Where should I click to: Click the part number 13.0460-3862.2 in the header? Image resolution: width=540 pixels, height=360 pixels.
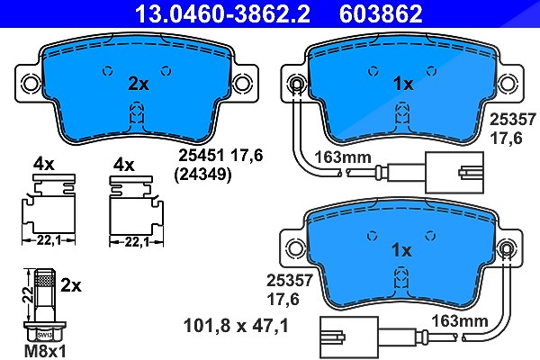[222, 13]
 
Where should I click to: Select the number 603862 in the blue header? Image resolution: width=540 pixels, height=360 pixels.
[381, 13]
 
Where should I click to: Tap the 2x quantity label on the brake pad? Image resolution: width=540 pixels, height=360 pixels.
[139, 84]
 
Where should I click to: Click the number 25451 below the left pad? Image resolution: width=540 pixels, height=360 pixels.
[202, 156]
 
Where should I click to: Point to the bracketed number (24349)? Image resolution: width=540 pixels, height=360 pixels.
[202, 175]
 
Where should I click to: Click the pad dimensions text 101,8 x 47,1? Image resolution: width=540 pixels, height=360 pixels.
[236, 326]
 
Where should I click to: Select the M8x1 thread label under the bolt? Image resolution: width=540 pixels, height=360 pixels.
[45, 351]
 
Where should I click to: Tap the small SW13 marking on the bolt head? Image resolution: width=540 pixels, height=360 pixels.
[44, 335]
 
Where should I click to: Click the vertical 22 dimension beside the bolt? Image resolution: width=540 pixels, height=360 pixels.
[28, 294]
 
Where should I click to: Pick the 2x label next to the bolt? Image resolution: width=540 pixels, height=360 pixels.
[71, 285]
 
